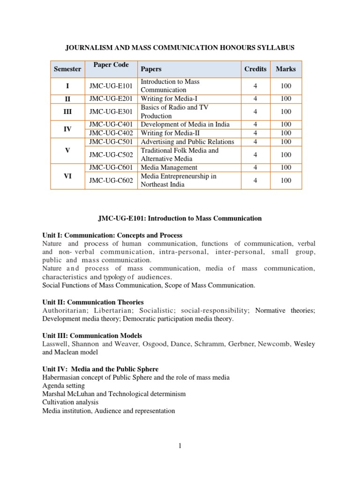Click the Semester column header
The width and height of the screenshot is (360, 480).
click(x=67, y=69)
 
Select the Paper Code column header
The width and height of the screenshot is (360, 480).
click(x=111, y=65)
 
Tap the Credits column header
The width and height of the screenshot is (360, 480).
click(x=255, y=69)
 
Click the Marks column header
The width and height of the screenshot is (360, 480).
click(x=285, y=69)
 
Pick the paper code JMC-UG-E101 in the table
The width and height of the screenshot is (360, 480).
click(x=111, y=86)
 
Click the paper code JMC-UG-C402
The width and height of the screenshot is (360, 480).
click(x=111, y=133)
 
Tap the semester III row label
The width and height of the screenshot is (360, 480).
click(x=67, y=112)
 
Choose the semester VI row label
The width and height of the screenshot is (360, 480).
click(x=67, y=176)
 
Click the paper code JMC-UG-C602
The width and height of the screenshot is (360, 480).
click(x=111, y=180)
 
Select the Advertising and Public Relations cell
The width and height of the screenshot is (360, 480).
click(x=187, y=142)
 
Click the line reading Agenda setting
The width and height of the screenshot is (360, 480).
click(x=63, y=386)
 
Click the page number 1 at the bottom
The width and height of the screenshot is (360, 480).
click(x=180, y=446)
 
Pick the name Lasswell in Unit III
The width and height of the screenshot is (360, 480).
click(x=56, y=344)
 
